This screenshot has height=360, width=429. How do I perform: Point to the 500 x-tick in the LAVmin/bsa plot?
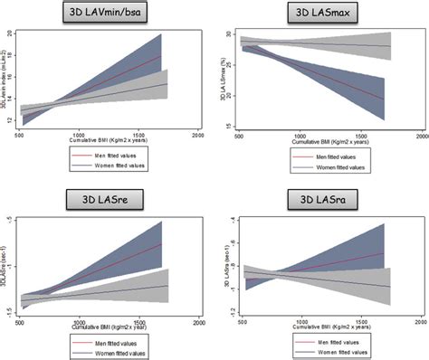coord(20,133)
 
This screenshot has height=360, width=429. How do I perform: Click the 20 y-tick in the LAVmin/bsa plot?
coord(9,34)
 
